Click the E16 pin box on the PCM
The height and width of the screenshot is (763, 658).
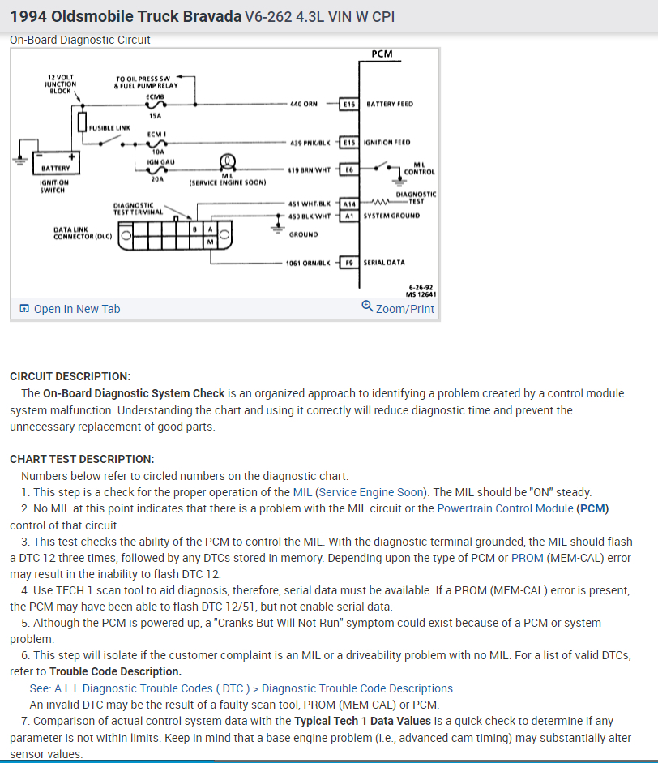(350, 104)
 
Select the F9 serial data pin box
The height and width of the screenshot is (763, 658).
(350, 263)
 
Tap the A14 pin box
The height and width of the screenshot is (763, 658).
(349, 204)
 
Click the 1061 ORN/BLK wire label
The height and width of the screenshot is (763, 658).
(308, 263)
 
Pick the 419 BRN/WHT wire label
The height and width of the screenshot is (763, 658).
(309, 169)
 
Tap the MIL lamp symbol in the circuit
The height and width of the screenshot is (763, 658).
(228, 161)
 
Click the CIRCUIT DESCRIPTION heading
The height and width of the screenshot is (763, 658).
(70, 376)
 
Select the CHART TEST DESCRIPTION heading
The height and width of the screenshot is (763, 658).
(82, 459)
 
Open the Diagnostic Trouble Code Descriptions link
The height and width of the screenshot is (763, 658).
(357, 688)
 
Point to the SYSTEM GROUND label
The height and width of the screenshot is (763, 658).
(393, 216)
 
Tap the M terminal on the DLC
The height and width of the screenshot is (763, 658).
(210, 242)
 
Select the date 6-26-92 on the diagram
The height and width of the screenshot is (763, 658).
(421, 287)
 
